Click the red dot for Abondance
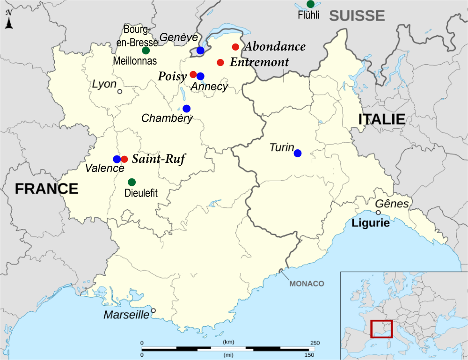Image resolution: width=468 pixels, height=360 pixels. (x=235, y=47)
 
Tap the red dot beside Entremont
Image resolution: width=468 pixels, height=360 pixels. (x=220, y=62)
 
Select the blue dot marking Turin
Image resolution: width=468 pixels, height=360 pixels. (x=298, y=153)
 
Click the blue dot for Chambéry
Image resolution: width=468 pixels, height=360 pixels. (x=187, y=109)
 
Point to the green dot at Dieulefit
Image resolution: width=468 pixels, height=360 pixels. (x=132, y=182)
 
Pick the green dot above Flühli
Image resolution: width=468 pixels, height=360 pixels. (x=310, y=4)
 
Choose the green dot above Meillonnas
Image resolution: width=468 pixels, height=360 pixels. (x=146, y=50)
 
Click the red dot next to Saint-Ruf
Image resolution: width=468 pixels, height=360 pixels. (x=124, y=159)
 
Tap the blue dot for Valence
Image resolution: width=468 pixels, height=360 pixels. (x=117, y=159)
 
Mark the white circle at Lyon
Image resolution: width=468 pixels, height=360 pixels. (x=120, y=91)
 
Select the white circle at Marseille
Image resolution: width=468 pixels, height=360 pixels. (x=153, y=310)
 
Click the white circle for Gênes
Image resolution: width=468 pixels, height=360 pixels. (x=378, y=213)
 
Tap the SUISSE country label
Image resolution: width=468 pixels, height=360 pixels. (x=357, y=15)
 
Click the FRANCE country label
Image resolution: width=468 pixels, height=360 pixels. (x=46, y=189)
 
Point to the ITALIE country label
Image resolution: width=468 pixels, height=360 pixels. (x=381, y=119)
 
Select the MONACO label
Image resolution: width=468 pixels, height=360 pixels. (x=307, y=284)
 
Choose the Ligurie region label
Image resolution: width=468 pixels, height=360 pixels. (x=371, y=223)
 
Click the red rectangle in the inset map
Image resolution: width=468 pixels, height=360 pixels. (x=381, y=329)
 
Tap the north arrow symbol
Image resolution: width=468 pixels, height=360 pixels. (x=8, y=21)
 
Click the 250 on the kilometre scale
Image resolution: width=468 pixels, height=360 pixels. (x=315, y=343)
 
